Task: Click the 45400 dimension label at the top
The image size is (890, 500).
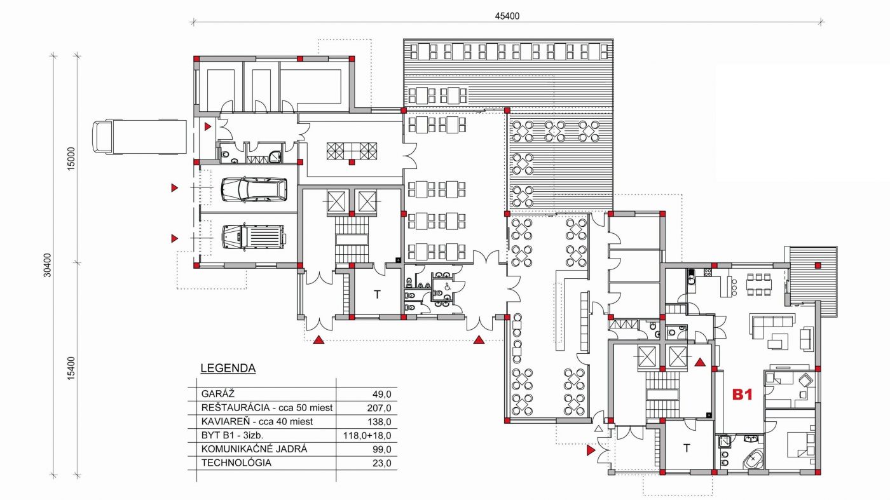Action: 507,16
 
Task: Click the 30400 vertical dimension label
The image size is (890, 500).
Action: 47,265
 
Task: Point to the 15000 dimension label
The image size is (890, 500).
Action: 71,159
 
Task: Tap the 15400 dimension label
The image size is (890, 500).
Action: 71,368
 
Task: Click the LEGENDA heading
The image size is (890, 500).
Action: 228,368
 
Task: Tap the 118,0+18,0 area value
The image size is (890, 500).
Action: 367,436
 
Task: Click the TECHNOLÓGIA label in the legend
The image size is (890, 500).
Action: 236,463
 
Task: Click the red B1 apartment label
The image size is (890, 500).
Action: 743,395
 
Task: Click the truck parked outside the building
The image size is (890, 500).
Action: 139,137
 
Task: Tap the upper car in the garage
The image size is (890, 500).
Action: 254,189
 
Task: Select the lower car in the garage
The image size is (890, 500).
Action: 253,237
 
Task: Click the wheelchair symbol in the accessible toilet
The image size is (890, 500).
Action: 446,285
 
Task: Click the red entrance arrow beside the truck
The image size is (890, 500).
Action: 207,126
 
